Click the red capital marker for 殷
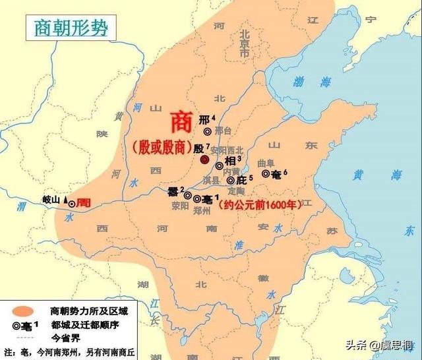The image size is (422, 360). tap(204, 160)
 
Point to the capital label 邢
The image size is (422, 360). tap(203, 119)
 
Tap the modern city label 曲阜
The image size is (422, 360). tap(264, 162)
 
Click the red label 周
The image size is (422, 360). tap(83, 203)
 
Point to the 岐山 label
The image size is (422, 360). tap(51, 200)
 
